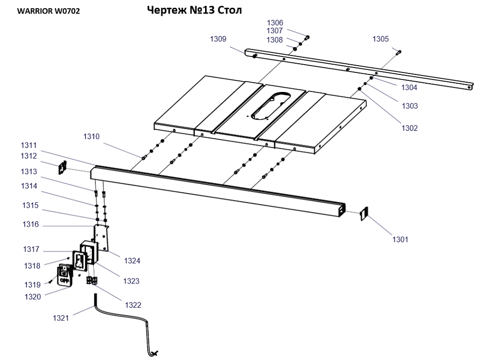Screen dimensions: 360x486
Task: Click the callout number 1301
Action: (400, 239)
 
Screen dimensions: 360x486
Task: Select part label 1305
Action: (381, 39)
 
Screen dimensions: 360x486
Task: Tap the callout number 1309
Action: (218, 39)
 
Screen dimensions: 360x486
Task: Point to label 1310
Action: (91, 137)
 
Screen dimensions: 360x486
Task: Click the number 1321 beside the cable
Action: (61, 318)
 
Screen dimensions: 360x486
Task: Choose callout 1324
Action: (132, 261)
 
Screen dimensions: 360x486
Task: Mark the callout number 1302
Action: (409, 128)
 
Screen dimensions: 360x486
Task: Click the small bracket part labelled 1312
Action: (62, 167)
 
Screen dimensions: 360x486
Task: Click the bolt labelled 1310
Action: (144, 158)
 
